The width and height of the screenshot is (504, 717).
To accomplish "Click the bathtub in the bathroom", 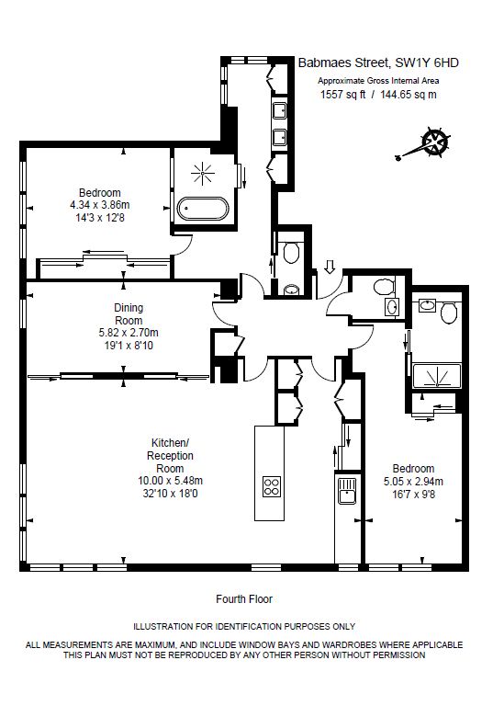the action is [x=202, y=209].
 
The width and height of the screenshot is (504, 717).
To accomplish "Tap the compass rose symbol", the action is [x=434, y=142].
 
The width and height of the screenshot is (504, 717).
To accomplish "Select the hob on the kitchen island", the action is [x=271, y=486].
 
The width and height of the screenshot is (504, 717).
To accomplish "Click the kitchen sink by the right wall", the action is [x=347, y=490].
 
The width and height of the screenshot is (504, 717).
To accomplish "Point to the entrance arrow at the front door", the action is [x=330, y=267].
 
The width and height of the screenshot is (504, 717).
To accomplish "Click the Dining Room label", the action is [x=129, y=313].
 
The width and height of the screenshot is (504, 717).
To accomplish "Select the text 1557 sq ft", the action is [x=342, y=95].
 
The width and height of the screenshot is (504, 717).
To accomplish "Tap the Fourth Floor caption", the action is [x=244, y=598].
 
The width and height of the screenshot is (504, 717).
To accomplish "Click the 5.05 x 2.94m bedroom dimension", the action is [x=413, y=481].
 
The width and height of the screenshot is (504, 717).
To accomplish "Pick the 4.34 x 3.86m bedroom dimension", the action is [x=99, y=205].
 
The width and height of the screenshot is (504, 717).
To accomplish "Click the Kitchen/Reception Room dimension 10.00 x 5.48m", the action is [x=170, y=481].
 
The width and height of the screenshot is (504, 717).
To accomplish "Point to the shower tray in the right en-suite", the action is [x=437, y=375].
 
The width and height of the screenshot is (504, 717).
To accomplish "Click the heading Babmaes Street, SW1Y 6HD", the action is [x=378, y=63].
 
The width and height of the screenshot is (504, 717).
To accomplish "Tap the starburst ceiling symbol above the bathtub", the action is [x=202, y=174].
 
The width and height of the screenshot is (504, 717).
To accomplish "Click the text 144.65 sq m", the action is [x=409, y=95].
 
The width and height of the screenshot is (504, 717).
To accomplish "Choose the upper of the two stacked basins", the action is [x=280, y=110].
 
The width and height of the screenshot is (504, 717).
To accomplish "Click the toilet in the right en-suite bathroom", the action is [x=450, y=313].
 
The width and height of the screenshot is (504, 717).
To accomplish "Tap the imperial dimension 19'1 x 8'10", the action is [x=129, y=346].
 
